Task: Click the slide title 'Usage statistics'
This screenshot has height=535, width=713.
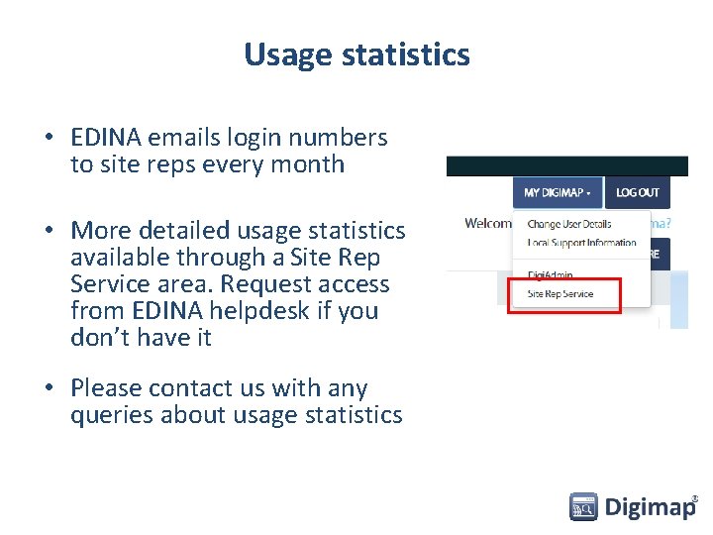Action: click(356, 53)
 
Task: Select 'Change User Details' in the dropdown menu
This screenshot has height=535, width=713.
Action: click(568, 224)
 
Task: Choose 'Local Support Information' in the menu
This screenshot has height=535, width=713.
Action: click(581, 243)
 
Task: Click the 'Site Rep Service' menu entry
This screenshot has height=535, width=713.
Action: click(560, 294)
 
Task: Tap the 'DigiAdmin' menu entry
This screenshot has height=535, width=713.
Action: click(550, 275)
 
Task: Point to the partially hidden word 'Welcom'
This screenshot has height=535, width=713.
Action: click(488, 223)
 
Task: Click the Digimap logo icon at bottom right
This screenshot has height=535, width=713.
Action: click(583, 507)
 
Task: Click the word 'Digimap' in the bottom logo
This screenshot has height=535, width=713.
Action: click(650, 508)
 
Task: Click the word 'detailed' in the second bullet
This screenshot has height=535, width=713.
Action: click(183, 231)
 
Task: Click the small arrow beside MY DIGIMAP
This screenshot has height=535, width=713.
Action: click(589, 193)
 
